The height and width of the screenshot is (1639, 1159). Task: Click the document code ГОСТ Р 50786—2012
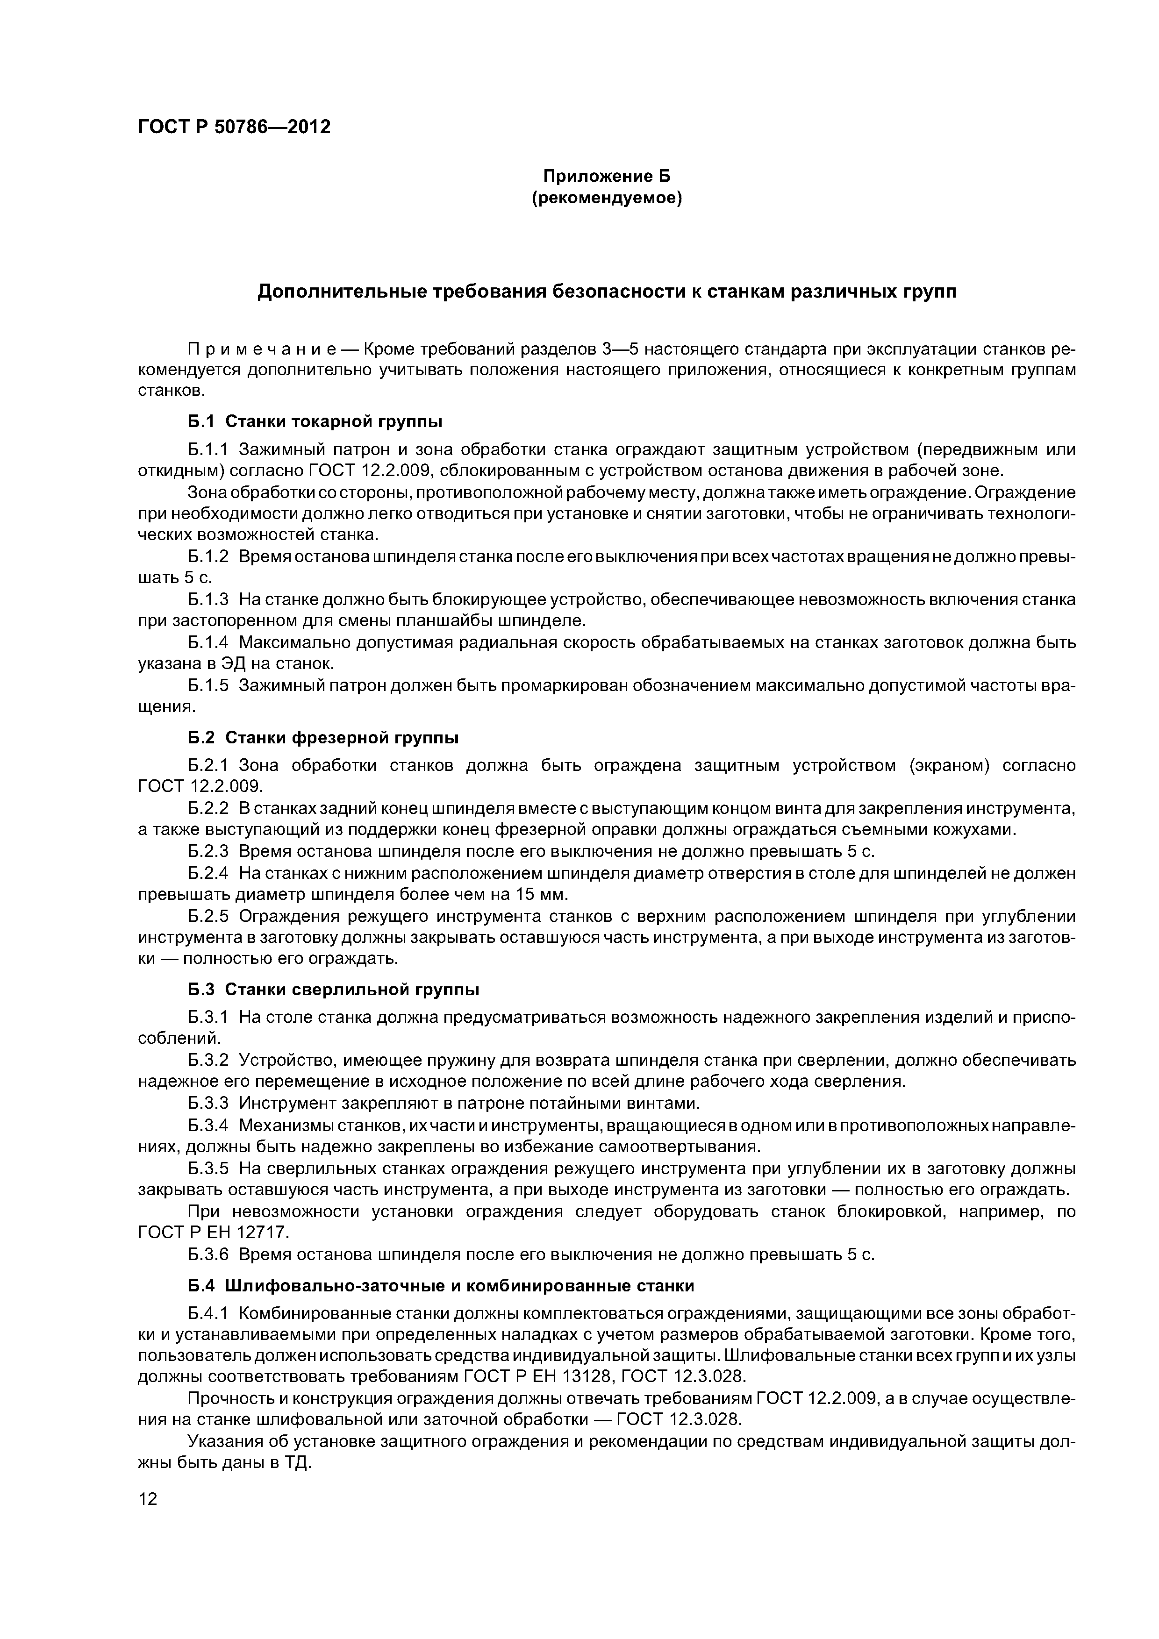click(x=234, y=127)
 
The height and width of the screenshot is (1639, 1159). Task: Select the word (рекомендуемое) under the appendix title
click(x=607, y=199)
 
